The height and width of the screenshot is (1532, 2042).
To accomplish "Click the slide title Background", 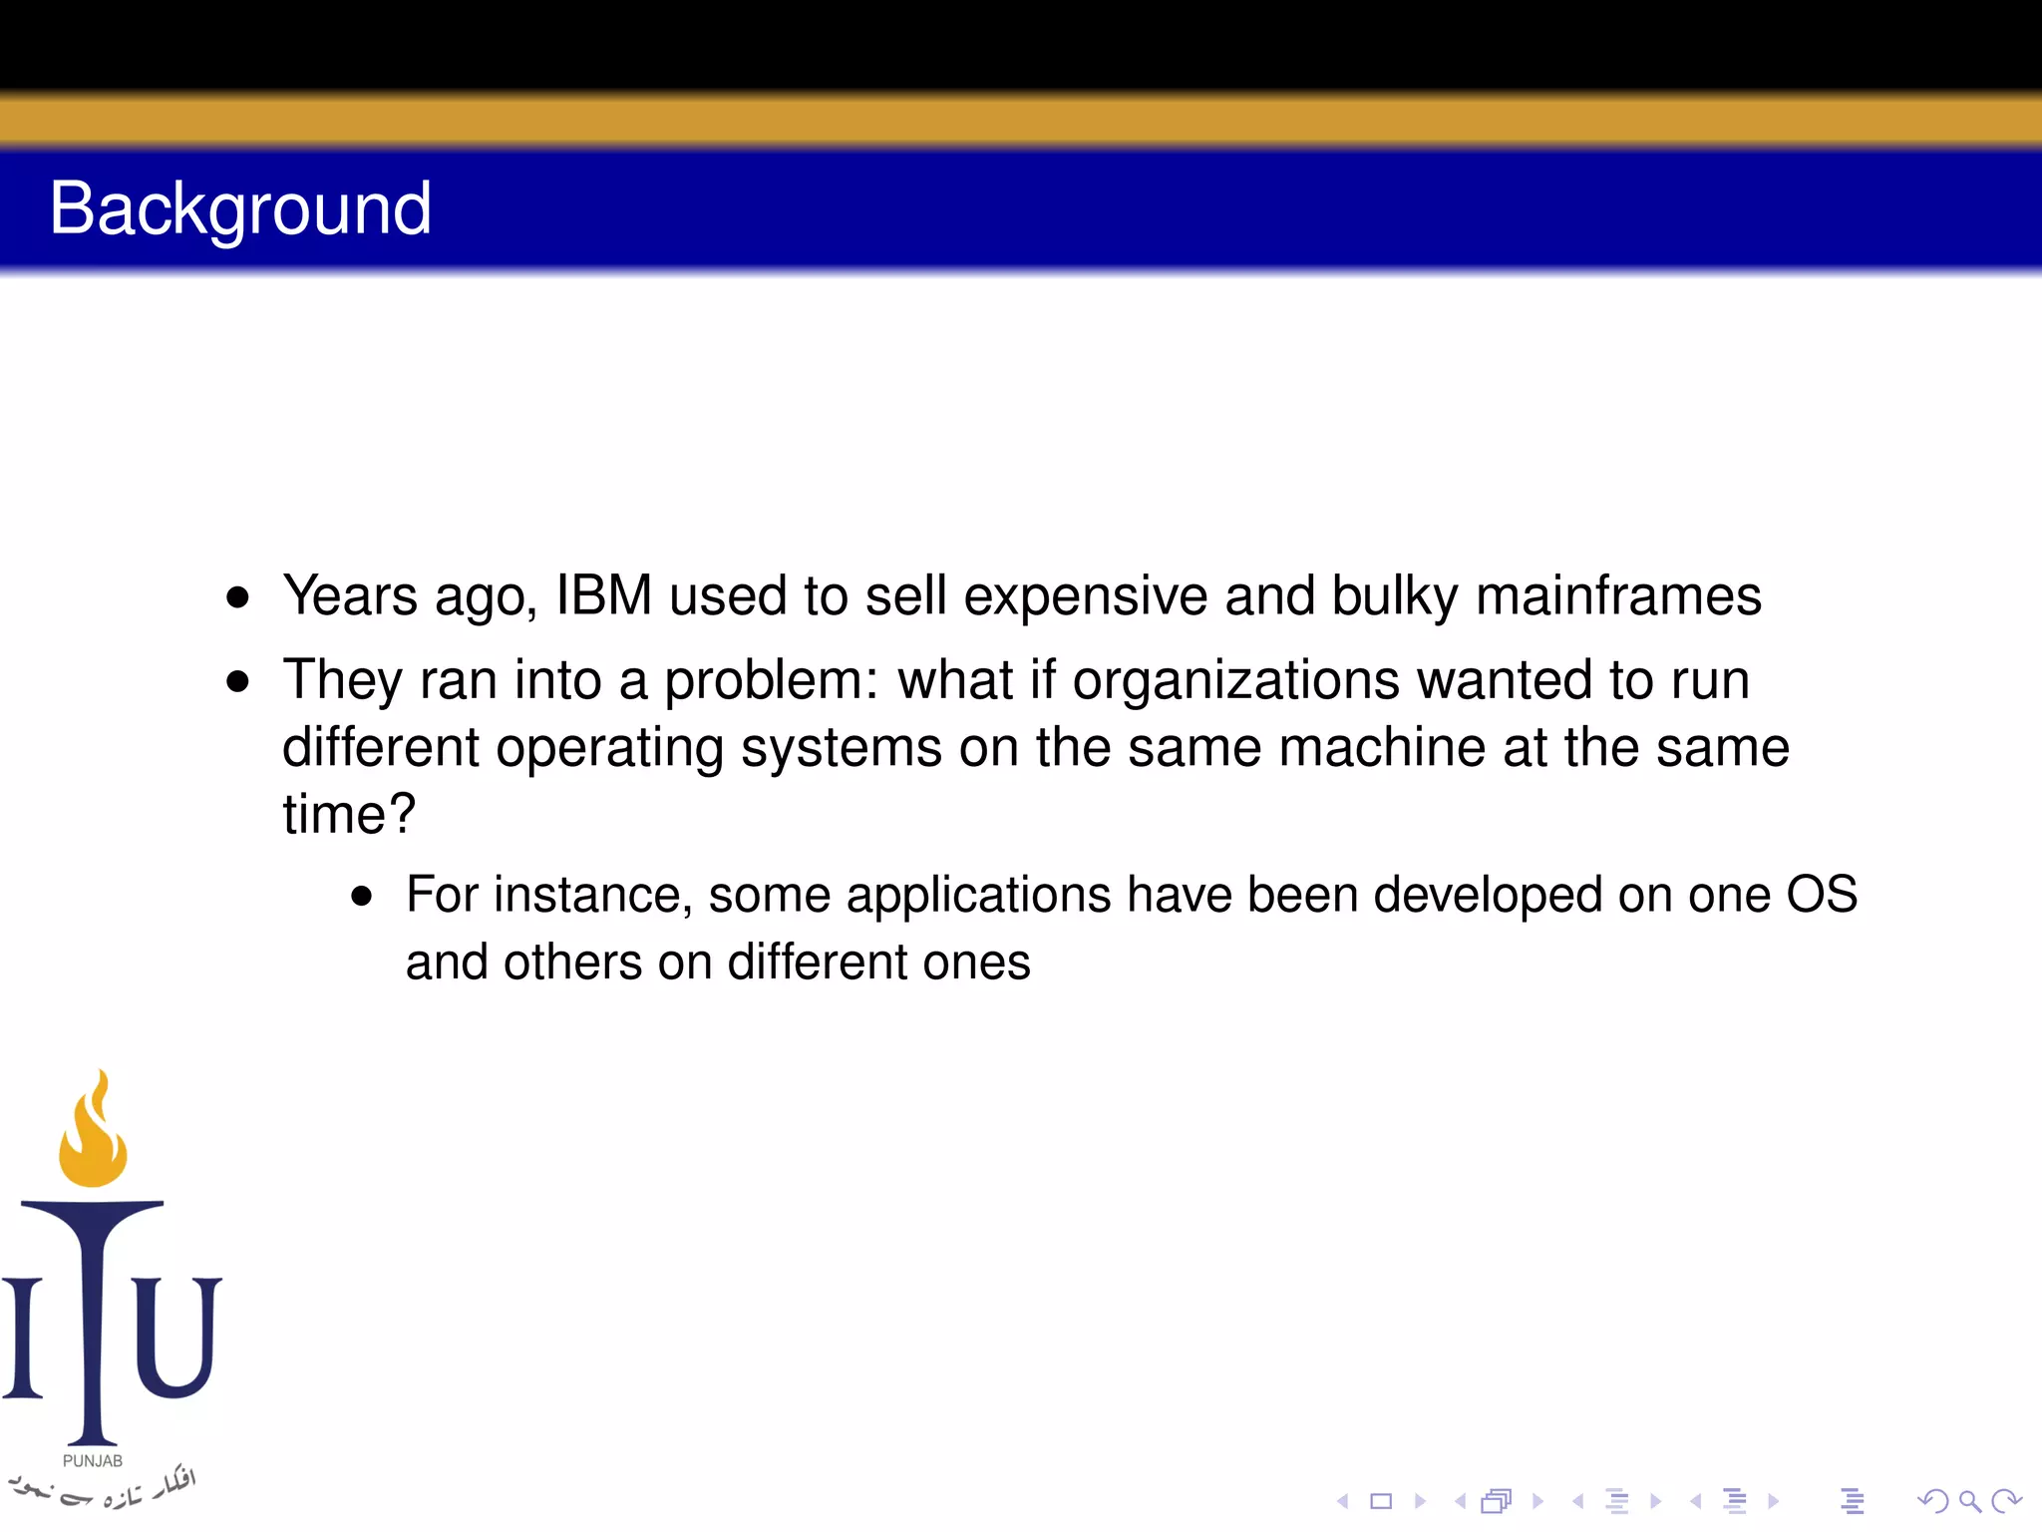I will point(240,208).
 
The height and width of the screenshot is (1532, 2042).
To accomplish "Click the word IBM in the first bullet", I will point(604,595).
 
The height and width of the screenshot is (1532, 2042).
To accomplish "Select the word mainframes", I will point(1618,595).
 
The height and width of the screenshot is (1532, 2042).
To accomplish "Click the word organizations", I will point(1236,681).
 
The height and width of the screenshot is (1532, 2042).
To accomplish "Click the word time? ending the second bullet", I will point(349,814).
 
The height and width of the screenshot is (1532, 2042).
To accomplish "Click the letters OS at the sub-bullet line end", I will point(1821,894).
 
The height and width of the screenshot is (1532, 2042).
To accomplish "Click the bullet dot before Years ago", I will point(237,598).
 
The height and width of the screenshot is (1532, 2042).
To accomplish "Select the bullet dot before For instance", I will point(362,897).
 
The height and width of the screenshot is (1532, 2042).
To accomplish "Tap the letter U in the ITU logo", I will point(176,1337).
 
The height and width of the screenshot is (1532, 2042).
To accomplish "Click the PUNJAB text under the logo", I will point(93,1461).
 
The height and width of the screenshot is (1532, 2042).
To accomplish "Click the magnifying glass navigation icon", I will point(1969,1501).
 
